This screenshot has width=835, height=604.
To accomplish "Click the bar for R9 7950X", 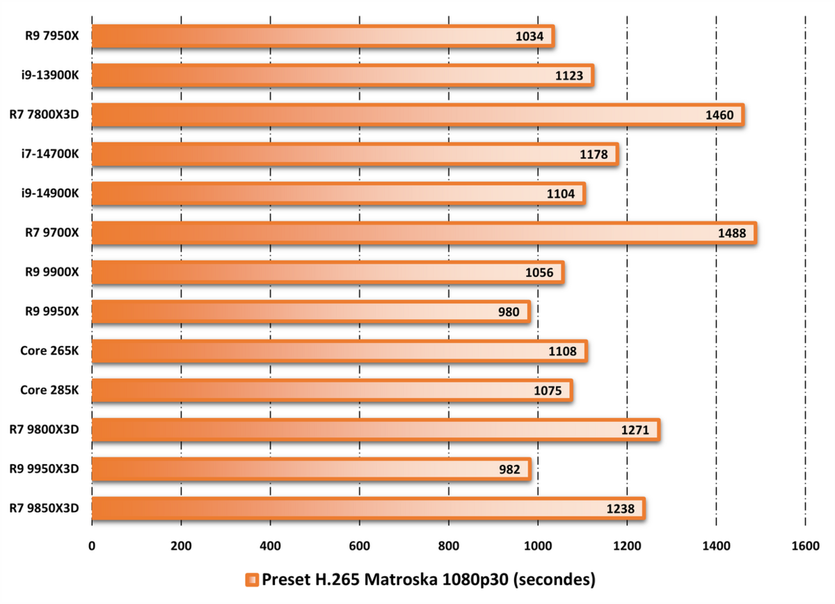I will point(323,37).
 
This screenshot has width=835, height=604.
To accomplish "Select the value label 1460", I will point(719,116).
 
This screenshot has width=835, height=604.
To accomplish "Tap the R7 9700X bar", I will point(424,233).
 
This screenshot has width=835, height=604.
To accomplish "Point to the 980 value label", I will point(509,312).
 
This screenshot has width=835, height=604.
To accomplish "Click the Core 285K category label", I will point(49,390).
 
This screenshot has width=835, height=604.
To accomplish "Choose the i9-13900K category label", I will point(49,76).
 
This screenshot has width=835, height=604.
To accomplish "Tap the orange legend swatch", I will point(252,580).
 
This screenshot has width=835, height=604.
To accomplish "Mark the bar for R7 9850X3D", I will point(368,508).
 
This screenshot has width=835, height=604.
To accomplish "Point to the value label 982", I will point(509,469).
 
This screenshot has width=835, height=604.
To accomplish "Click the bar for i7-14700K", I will point(355,154).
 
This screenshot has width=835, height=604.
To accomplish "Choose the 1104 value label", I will point(561,194).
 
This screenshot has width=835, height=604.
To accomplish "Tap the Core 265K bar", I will point(340,351).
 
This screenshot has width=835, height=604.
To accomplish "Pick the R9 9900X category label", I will point(49,273).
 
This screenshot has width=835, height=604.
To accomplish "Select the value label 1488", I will point(732,234).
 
